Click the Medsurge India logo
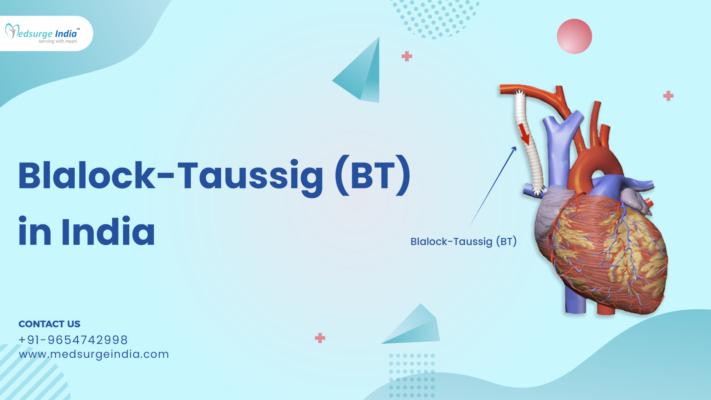pyautogui.click(x=42, y=33)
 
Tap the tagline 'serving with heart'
pyautogui.click(x=58, y=41)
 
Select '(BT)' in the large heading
pyautogui.click(x=372, y=176)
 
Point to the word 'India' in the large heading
pyautogui.click(x=108, y=232)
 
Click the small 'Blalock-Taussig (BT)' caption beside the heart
pyautogui.click(x=463, y=241)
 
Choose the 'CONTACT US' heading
pyautogui.click(x=49, y=324)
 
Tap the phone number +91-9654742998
pyautogui.click(x=73, y=340)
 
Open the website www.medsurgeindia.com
pyautogui.click(x=94, y=354)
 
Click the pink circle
pyautogui.click(x=574, y=36)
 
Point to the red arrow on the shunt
pyautogui.click(x=525, y=135)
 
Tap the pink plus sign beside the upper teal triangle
pyautogui.click(x=407, y=56)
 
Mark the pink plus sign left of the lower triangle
pyautogui.click(x=320, y=338)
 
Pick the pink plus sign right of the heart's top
pyautogui.click(x=668, y=96)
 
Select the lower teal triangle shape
pyautogui.click(x=415, y=327)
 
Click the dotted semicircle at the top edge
pyautogui.click(x=435, y=18)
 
